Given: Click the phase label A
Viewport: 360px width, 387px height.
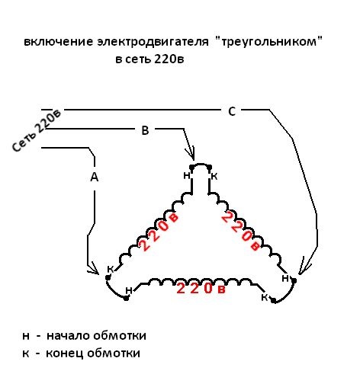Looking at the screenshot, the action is (x=95, y=177).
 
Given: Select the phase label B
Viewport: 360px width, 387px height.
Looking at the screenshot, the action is (x=145, y=130).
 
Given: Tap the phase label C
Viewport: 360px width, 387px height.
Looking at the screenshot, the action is (x=232, y=111).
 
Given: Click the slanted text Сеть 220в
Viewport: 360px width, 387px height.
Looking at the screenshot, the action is (x=37, y=130).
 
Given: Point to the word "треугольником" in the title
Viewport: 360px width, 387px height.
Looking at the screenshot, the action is (x=269, y=41).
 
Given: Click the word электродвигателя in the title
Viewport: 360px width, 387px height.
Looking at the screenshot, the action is (x=153, y=42).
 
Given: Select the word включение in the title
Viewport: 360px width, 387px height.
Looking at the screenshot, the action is (x=58, y=42).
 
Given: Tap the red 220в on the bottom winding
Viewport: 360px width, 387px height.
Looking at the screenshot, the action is (x=201, y=289).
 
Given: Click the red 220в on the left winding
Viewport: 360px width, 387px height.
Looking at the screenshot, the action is (x=158, y=232).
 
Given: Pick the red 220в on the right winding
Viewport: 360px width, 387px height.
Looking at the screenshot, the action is (x=241, y=232).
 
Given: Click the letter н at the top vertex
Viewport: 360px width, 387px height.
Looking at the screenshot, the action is (x=187, y=175).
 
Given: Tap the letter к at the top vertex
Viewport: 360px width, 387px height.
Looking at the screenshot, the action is (x=214, y=176).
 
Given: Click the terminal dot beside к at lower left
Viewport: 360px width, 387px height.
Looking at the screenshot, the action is (x=108, y=278).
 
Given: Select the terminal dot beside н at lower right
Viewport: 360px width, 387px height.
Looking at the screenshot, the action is (x=294, y=280).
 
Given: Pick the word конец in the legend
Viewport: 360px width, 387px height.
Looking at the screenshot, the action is (x=65, y=353).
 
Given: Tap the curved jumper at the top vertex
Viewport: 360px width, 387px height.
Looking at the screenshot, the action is (x=201, y=165).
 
